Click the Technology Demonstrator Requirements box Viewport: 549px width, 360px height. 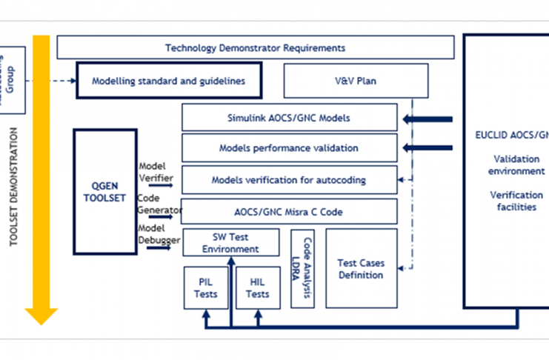pyautogui.click(x=255, y=48)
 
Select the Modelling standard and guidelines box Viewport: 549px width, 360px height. pyautogui.click(x=168, y=81)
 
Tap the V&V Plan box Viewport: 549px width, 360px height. pyautogui.click(x=356, y=81)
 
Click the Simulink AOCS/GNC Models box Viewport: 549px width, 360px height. pyautogui.click(x=289, y=118)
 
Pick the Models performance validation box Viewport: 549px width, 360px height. pyautogui.click(x=289, y=148)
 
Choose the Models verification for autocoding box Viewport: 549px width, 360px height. pyautogui.click(x=289, y=180)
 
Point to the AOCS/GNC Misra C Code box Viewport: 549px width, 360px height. pyautogui.click(x=289, y=212)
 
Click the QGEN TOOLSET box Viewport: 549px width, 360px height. pyautogui.click(x=105, y=192)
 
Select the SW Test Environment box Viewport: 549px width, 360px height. pyautogui.click(x=231, y=243)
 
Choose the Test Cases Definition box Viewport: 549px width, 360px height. pyautogui.click(x=361, y=269)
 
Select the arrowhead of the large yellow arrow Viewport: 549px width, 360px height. pyautogui.click(x=41, y=316)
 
